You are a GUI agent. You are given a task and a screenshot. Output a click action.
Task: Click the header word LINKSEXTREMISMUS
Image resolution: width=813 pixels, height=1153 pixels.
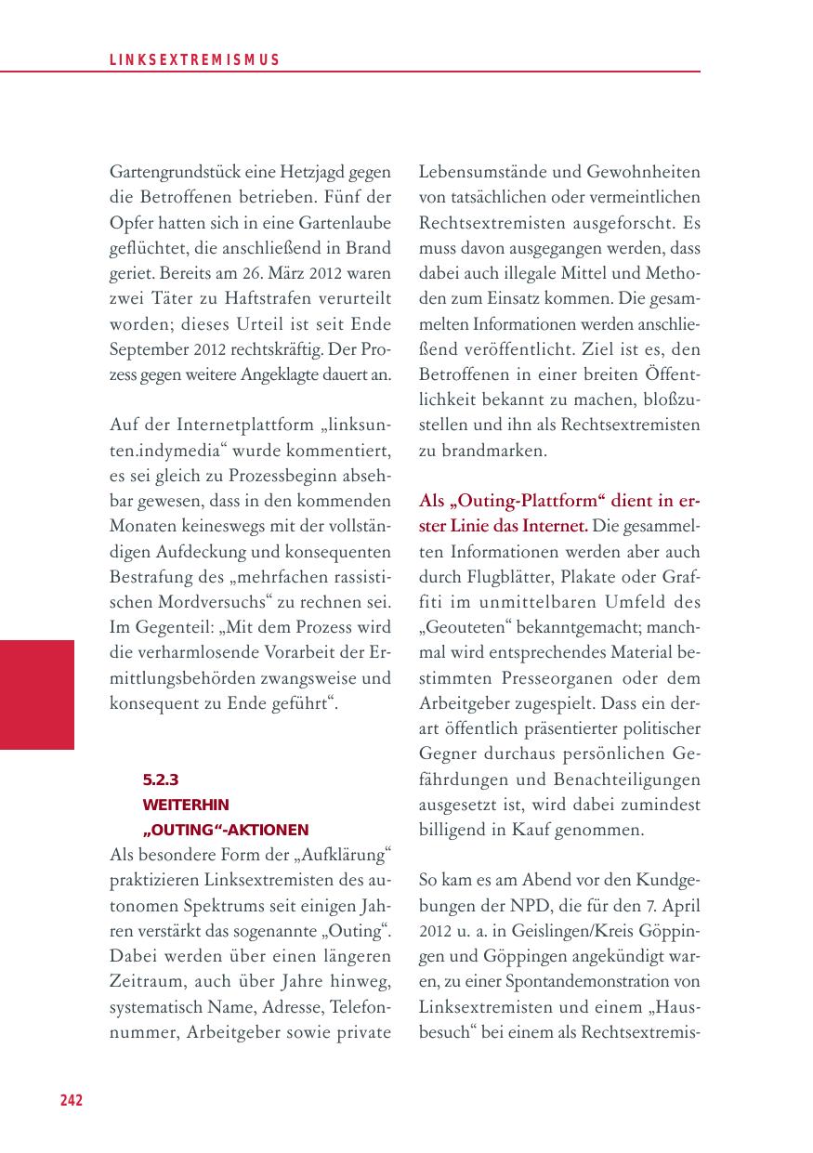(194, 60)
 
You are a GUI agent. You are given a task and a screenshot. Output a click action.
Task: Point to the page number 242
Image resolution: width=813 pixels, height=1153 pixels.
(72, 1101)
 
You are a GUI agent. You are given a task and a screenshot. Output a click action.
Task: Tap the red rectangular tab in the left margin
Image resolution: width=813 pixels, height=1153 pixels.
(37, 694)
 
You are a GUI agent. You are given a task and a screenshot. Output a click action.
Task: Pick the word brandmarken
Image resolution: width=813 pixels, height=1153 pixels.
(493, 451)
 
